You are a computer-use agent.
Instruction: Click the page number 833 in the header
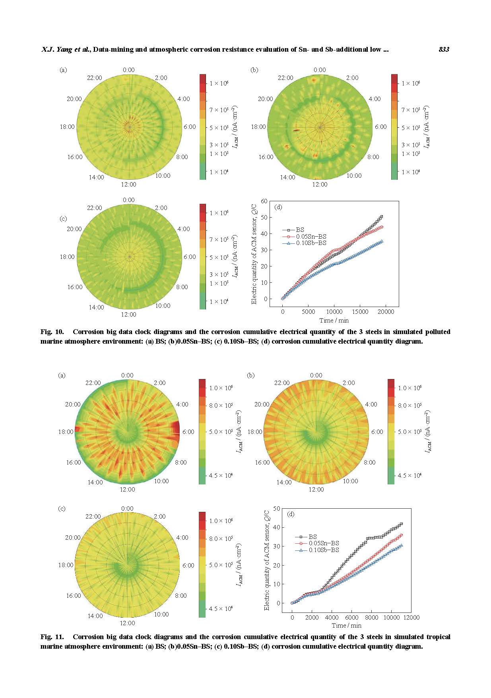pyautogui.click(x=444, y=49)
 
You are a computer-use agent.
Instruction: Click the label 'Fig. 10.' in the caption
pyautogui.click(x=52, y=332)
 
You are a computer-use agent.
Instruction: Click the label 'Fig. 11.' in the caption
pyautogui.click(x=52, y=637)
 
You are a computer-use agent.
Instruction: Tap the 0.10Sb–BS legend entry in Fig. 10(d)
pyautogui.click(x=311, y=243)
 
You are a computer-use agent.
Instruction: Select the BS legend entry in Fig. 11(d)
pyautogui.click(x=312, y=537)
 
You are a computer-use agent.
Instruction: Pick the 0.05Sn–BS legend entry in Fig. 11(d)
pyautogui.click(x=324, y=543)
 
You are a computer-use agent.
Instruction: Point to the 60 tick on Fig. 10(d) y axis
pyautogui.click(x=264, y=201)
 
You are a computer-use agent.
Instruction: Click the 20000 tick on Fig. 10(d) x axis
pyautogui.click(x=386, y=312)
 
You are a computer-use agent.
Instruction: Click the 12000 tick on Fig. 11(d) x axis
pyautogui.click(x=411, y=618)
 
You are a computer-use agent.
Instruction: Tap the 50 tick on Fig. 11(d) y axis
pyautogui.click(x=277, y=508)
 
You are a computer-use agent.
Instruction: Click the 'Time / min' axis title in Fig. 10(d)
pyautogui.click(x=334, y=321)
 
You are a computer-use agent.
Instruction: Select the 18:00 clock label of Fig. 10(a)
pyautogui.click(x=67, y=127)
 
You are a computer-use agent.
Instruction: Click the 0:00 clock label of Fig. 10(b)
pyautogui.click(x=320, y=70)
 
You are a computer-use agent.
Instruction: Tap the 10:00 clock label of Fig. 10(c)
pyautogui.click(x=163, y=306)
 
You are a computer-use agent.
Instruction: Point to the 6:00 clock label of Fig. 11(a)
pyautogui.click(x=188, y=432)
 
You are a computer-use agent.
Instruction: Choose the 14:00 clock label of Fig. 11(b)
pyautogui.click(x=284, y=482)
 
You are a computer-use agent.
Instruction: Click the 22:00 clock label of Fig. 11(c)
pyautogui.click(x=93, y=517)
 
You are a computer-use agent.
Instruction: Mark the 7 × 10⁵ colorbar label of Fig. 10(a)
pyautogui.click(x=219, y=110)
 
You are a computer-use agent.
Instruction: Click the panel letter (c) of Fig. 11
pyautogui.click(x=62, y=509)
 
